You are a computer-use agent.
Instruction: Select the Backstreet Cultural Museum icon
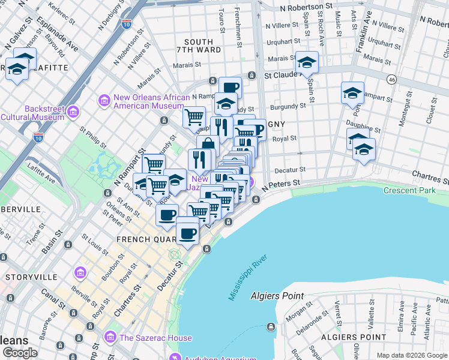[74, 112]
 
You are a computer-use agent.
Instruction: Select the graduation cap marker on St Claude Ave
[307, 62]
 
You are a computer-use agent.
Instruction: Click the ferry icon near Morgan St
[271, 326]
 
